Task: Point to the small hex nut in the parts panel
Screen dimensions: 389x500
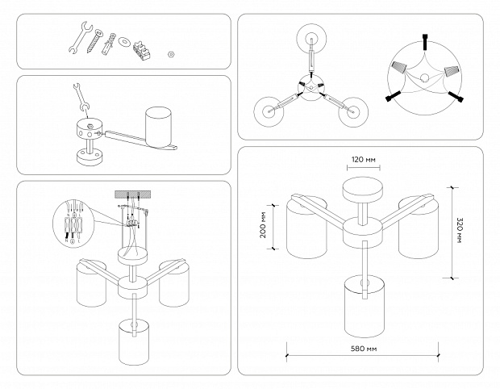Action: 172,55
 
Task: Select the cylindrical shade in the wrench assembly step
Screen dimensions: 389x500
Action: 159,128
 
